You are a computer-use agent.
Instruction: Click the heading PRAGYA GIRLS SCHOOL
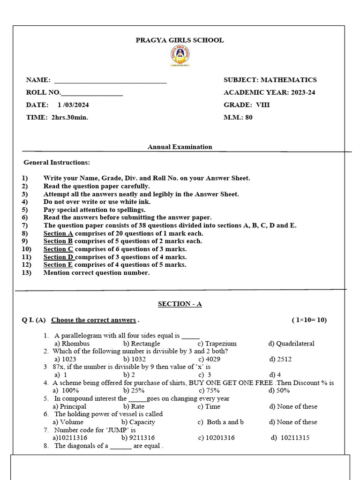point(180,40)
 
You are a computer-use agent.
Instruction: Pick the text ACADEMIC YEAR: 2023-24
point(269,92)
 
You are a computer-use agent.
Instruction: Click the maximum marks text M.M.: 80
point(238,118)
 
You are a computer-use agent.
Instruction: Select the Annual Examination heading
point(180,147)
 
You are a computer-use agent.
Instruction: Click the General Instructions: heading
point(57,163)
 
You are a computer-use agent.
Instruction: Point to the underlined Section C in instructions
point(58,249)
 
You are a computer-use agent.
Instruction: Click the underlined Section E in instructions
point(58,265)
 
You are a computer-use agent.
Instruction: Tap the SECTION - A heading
point(180,304)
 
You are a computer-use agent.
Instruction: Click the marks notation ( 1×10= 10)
point(309,320)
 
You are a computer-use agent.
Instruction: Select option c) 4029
point(209,359)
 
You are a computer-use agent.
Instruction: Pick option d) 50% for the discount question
point(279,390)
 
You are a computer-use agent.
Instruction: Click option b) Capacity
point(139,422)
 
